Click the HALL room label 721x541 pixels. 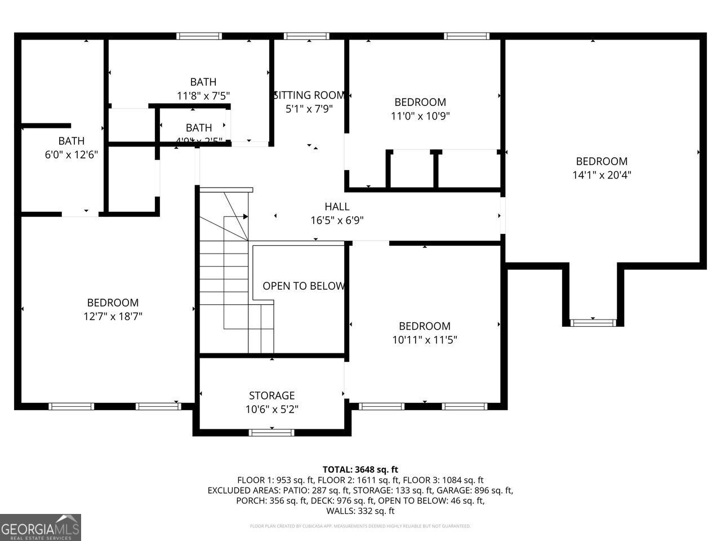(337, 207)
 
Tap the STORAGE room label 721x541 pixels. (272, 396)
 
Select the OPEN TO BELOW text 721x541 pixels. (304, 286)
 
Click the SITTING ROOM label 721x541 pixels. (309, 95)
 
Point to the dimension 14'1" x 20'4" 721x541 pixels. (602, 175)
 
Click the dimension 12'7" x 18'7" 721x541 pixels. (113, 317)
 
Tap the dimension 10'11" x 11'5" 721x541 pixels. (425, 340)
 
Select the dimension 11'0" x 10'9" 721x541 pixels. (420, 116)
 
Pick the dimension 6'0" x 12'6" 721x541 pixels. (72, 154)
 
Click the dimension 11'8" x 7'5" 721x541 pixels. (203, 96)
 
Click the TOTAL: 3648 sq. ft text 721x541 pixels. (360, 469)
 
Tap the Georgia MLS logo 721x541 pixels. (41, 527)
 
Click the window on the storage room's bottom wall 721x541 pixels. (272, 432)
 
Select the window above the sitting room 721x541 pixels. (307, 36)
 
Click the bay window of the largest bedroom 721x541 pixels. (593, 322)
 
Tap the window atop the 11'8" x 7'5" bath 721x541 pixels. (199, 36)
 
